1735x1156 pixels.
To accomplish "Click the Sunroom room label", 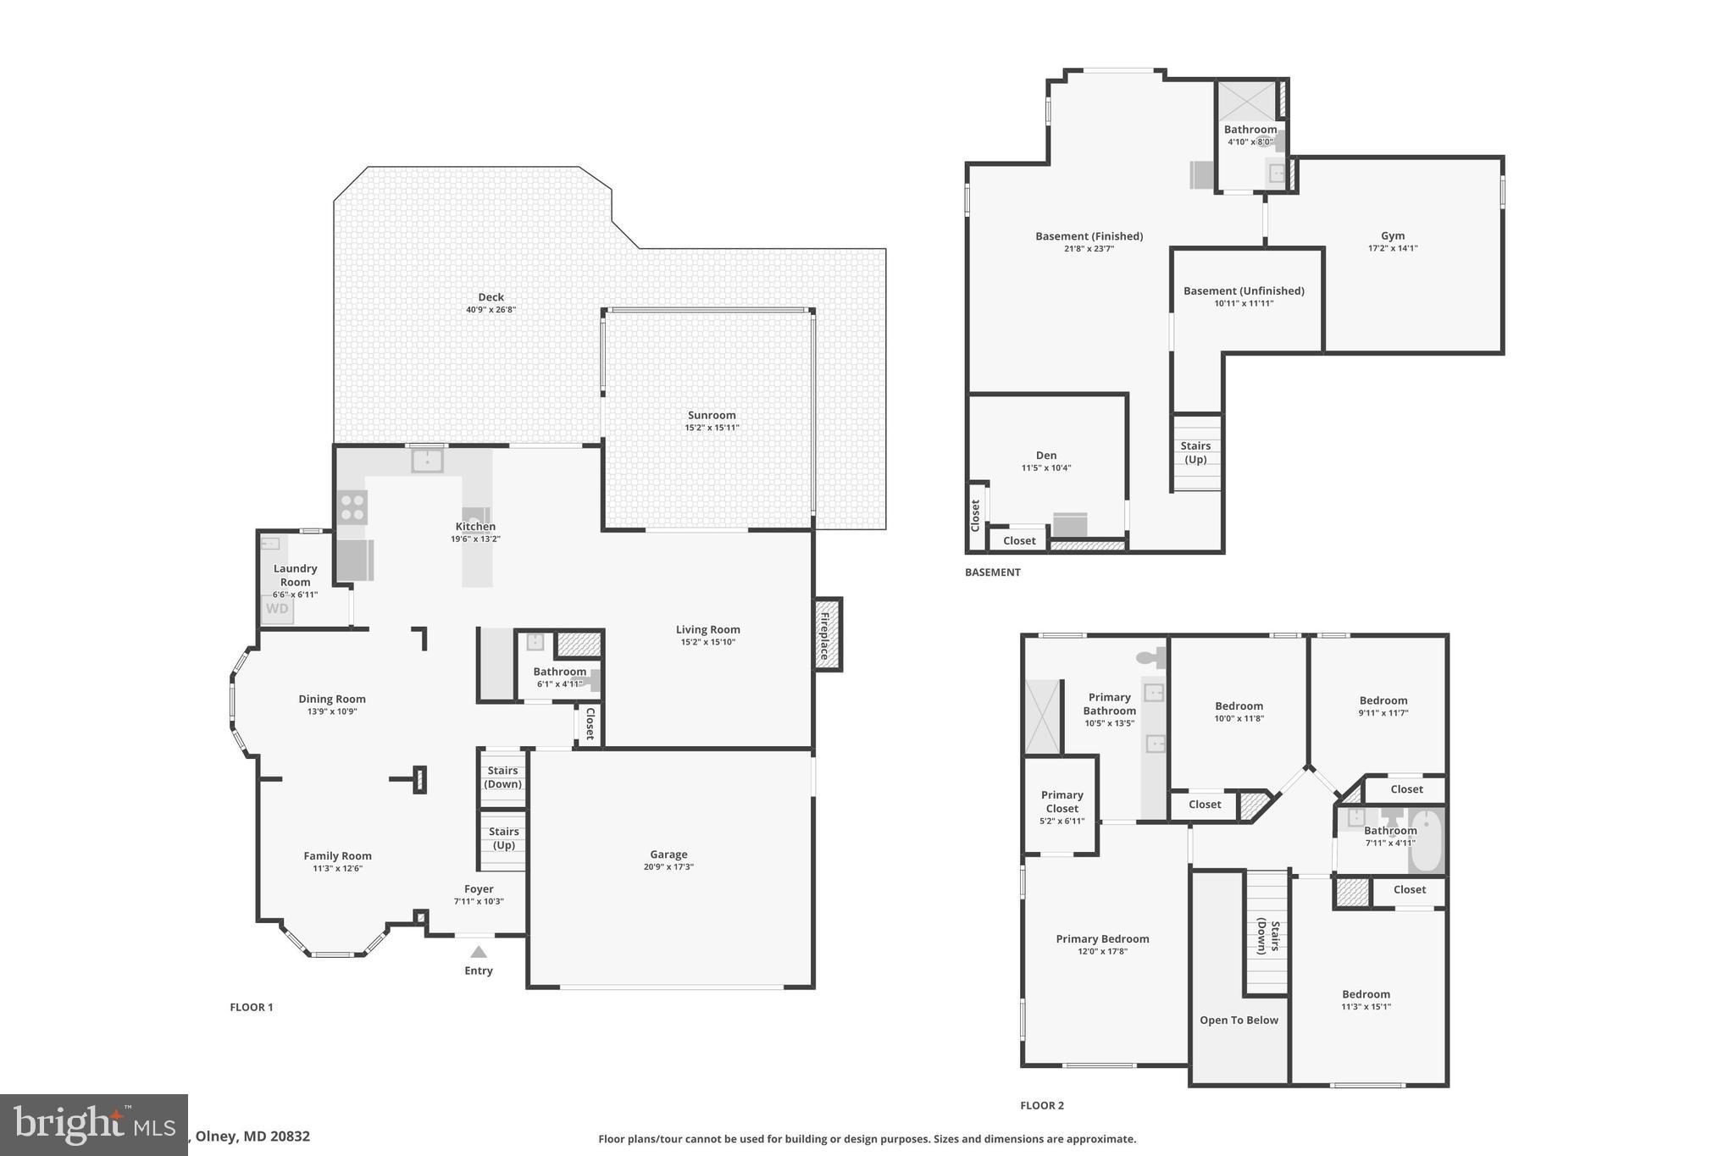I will (711, 415).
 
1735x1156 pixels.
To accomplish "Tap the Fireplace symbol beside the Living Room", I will (827, 635).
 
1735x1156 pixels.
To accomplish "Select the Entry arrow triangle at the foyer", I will (479, 952).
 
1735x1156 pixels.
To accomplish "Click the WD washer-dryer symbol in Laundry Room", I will (277, 609).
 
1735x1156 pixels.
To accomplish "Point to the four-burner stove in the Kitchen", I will (352, 507).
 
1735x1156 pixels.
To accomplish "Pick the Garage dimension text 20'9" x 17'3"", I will (668, 866).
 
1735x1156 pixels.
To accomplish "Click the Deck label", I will (491, 297).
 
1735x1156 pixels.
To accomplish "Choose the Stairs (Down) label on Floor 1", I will (502, 777).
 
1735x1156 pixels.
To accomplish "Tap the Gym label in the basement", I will (1392, 236).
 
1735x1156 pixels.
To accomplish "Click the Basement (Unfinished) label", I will (1243, 290).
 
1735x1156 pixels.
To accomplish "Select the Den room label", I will (1045, 456).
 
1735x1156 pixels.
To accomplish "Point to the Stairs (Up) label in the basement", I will (1195, 452).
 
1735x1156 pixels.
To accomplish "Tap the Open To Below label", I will (1239, 1020).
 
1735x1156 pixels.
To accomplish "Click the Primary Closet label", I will (1062, 801).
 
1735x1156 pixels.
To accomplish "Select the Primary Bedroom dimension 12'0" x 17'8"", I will (1101, 951).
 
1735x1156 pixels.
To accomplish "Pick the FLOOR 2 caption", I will (1041, 1105).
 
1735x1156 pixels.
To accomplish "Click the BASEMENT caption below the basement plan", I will (992, 572).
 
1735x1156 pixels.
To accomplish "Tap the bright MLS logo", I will (93, 1125).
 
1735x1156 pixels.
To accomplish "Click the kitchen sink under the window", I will (427, 462).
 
